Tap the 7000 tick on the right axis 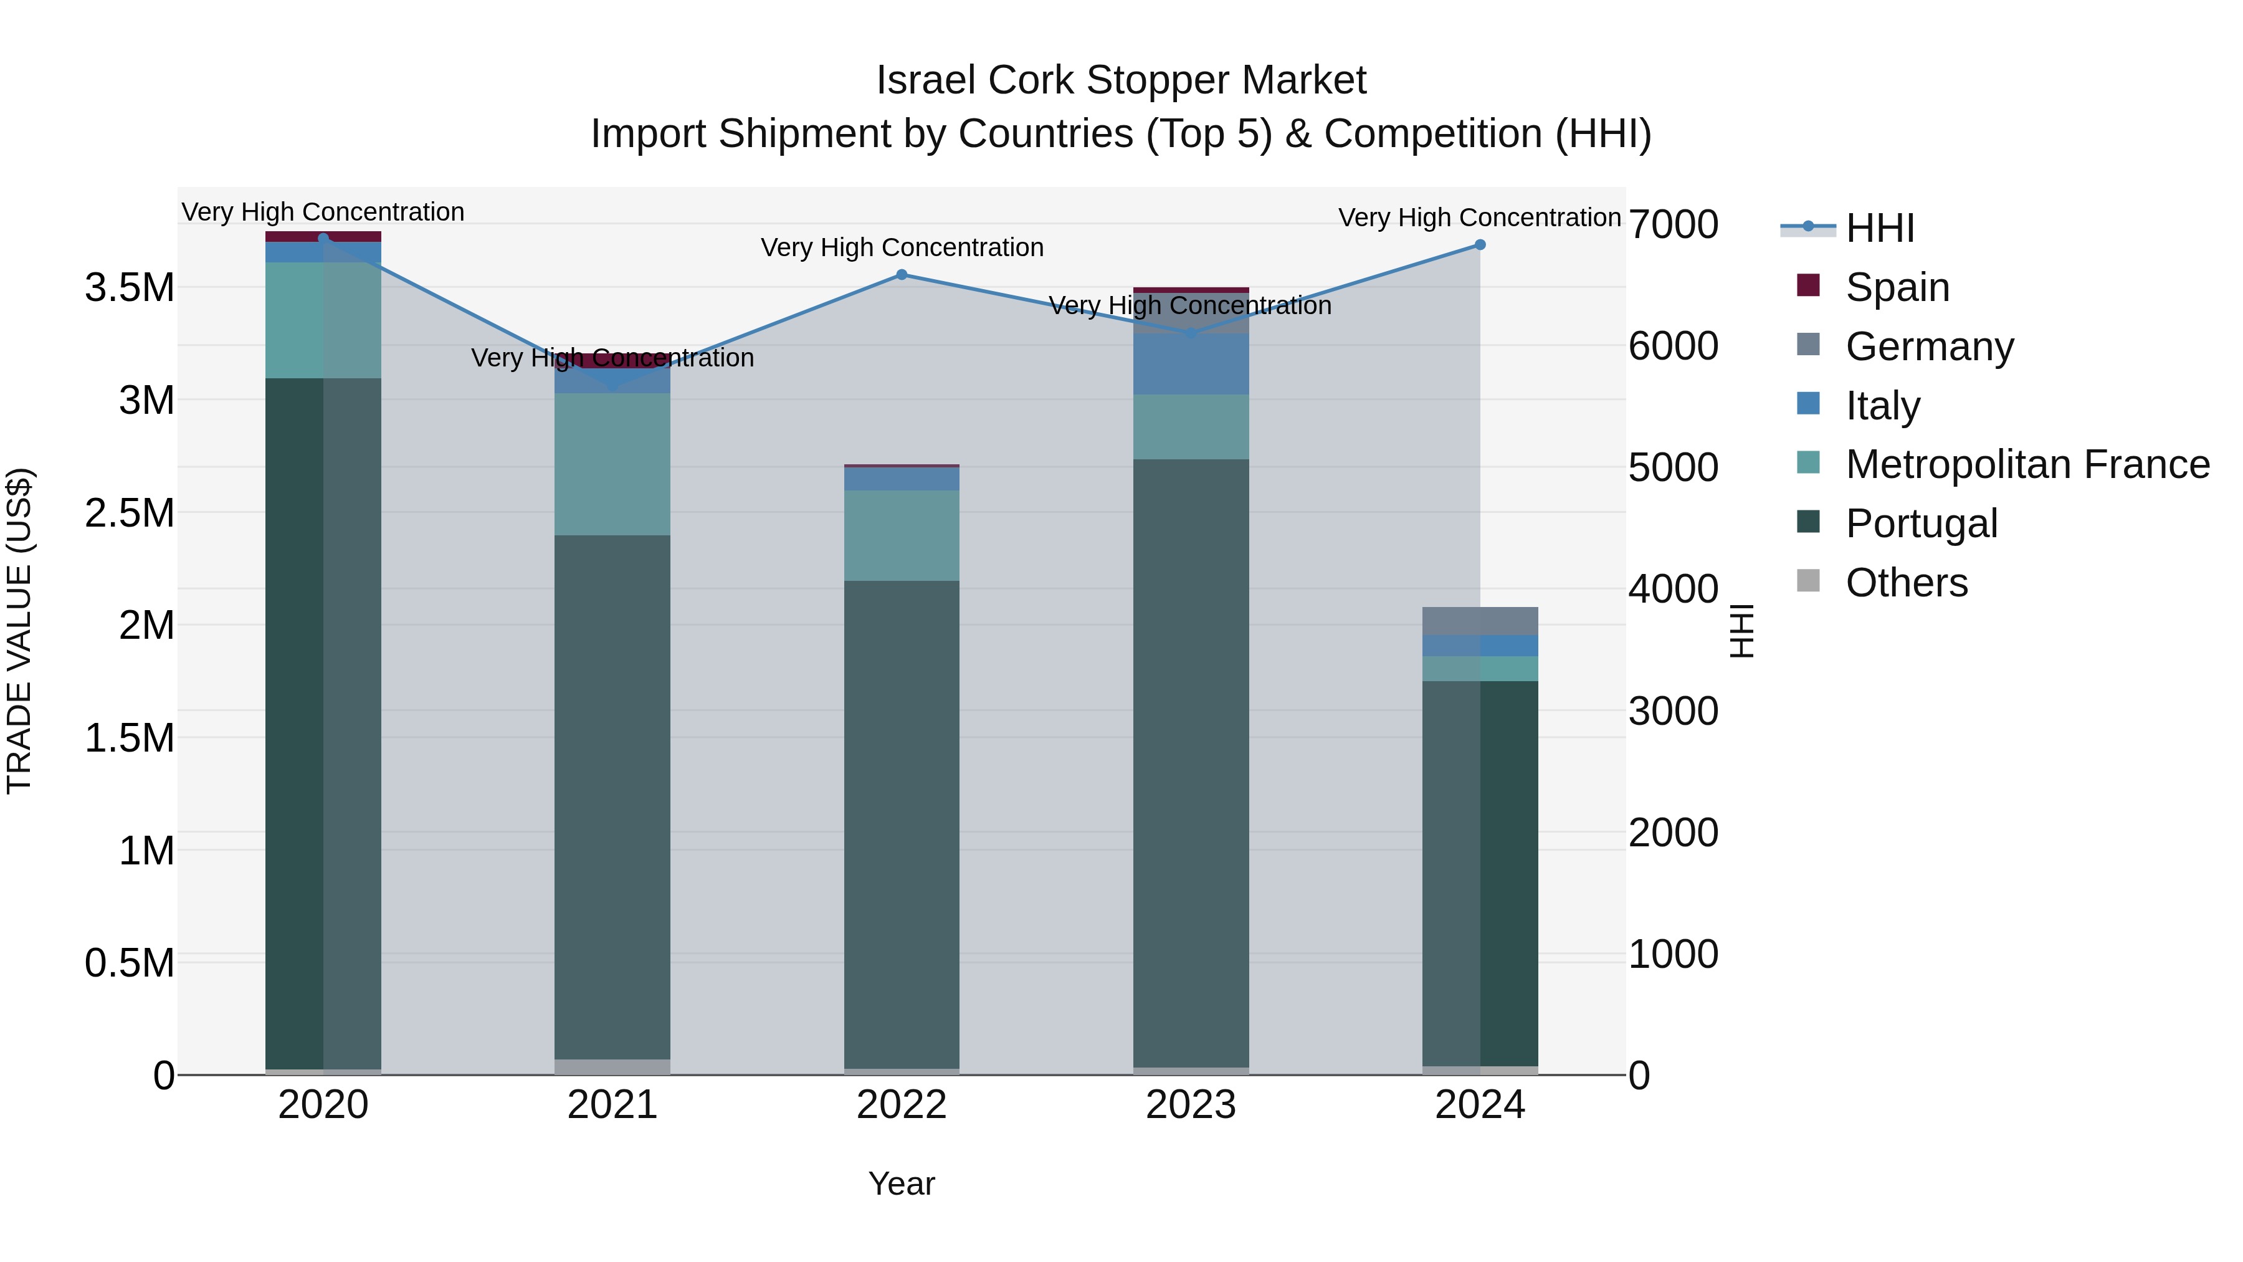1673,225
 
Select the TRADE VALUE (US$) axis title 19,631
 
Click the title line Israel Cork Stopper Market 1121,80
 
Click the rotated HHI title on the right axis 1741,631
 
